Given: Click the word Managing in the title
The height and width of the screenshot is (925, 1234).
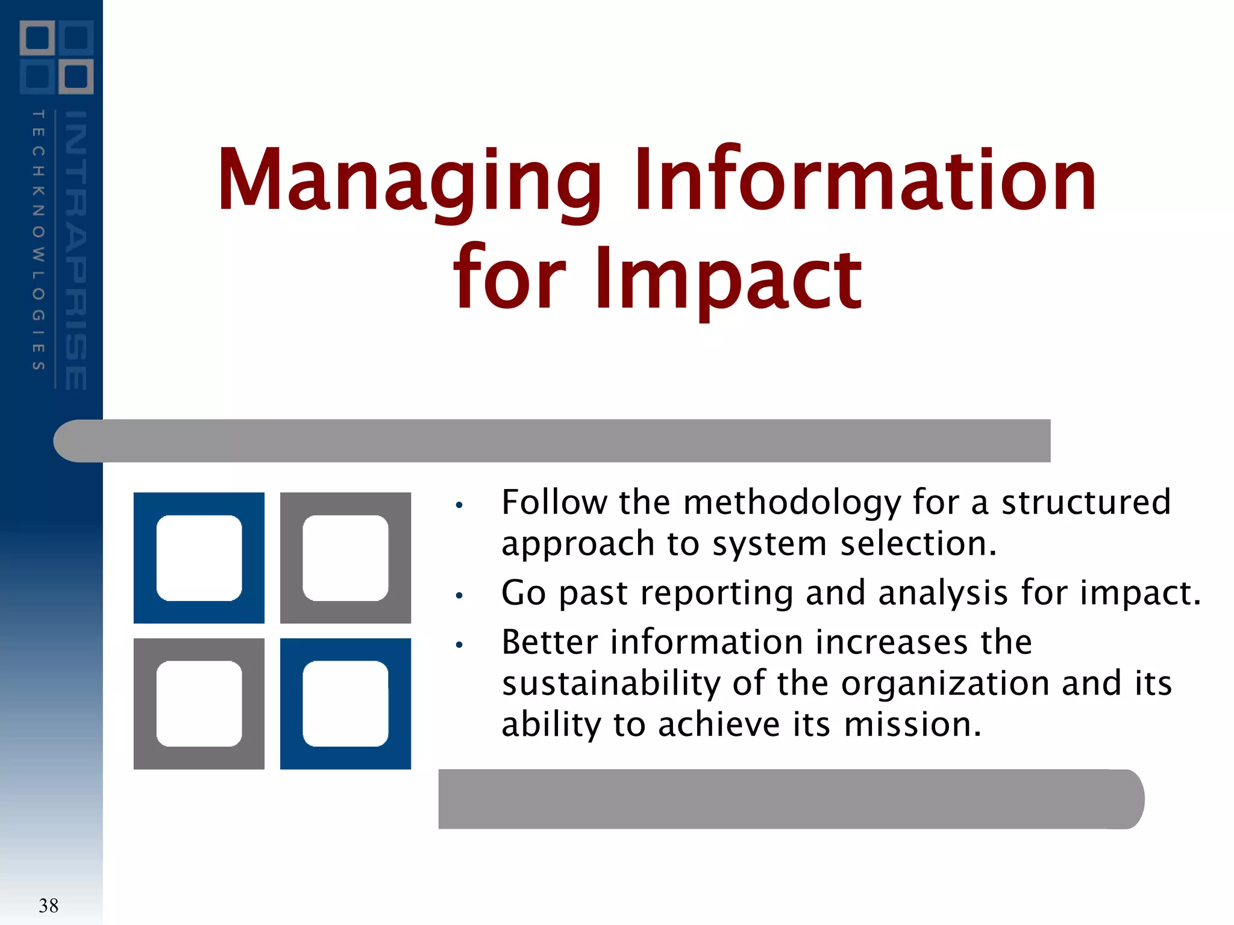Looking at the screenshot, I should (410, 181).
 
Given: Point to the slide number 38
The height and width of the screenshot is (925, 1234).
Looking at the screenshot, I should (48, 905).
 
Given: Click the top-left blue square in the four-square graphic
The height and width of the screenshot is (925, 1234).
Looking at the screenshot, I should (199, 558).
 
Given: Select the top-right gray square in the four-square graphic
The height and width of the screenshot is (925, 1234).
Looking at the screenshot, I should (345, 558).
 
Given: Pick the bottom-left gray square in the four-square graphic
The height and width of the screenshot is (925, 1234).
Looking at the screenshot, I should (199, 703).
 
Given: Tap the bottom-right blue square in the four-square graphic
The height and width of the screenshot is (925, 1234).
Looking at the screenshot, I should (345, 703).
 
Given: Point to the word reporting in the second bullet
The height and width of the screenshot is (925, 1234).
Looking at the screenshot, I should (716, 594).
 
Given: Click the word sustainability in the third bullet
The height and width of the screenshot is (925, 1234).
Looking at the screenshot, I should (611, 684).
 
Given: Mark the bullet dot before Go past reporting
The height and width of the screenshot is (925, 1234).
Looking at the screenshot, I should (459, 596).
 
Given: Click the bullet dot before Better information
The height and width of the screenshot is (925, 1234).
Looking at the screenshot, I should (459, 645).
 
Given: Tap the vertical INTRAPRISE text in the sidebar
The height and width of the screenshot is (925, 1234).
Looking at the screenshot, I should (76, 250).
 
